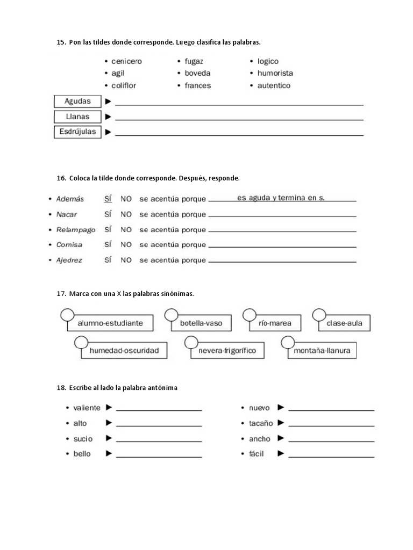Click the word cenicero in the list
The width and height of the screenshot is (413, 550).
(126, 61)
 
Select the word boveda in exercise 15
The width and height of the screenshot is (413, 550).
(197, 73)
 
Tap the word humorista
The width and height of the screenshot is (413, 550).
(275, 73)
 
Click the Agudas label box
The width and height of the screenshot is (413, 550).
(77, 101)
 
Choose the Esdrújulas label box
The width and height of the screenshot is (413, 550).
(77, 132)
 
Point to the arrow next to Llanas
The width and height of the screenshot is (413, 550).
(108, 117)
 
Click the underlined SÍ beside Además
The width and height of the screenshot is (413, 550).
(108, 199)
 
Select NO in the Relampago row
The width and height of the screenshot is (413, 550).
(126, 229)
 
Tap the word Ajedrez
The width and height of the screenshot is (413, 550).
(69, 260)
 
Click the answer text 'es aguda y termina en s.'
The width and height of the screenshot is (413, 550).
(281, 198)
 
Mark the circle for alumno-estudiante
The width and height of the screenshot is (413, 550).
(67, 315)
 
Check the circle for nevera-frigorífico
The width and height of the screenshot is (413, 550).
(191, 342)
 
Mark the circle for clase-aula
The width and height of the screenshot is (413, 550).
(319, 315)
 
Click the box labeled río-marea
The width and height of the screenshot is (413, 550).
(275, 323)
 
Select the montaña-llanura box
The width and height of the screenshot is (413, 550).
(322, 351)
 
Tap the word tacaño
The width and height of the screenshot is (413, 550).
(261, 423)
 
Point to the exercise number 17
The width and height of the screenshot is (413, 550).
(60, 294)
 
